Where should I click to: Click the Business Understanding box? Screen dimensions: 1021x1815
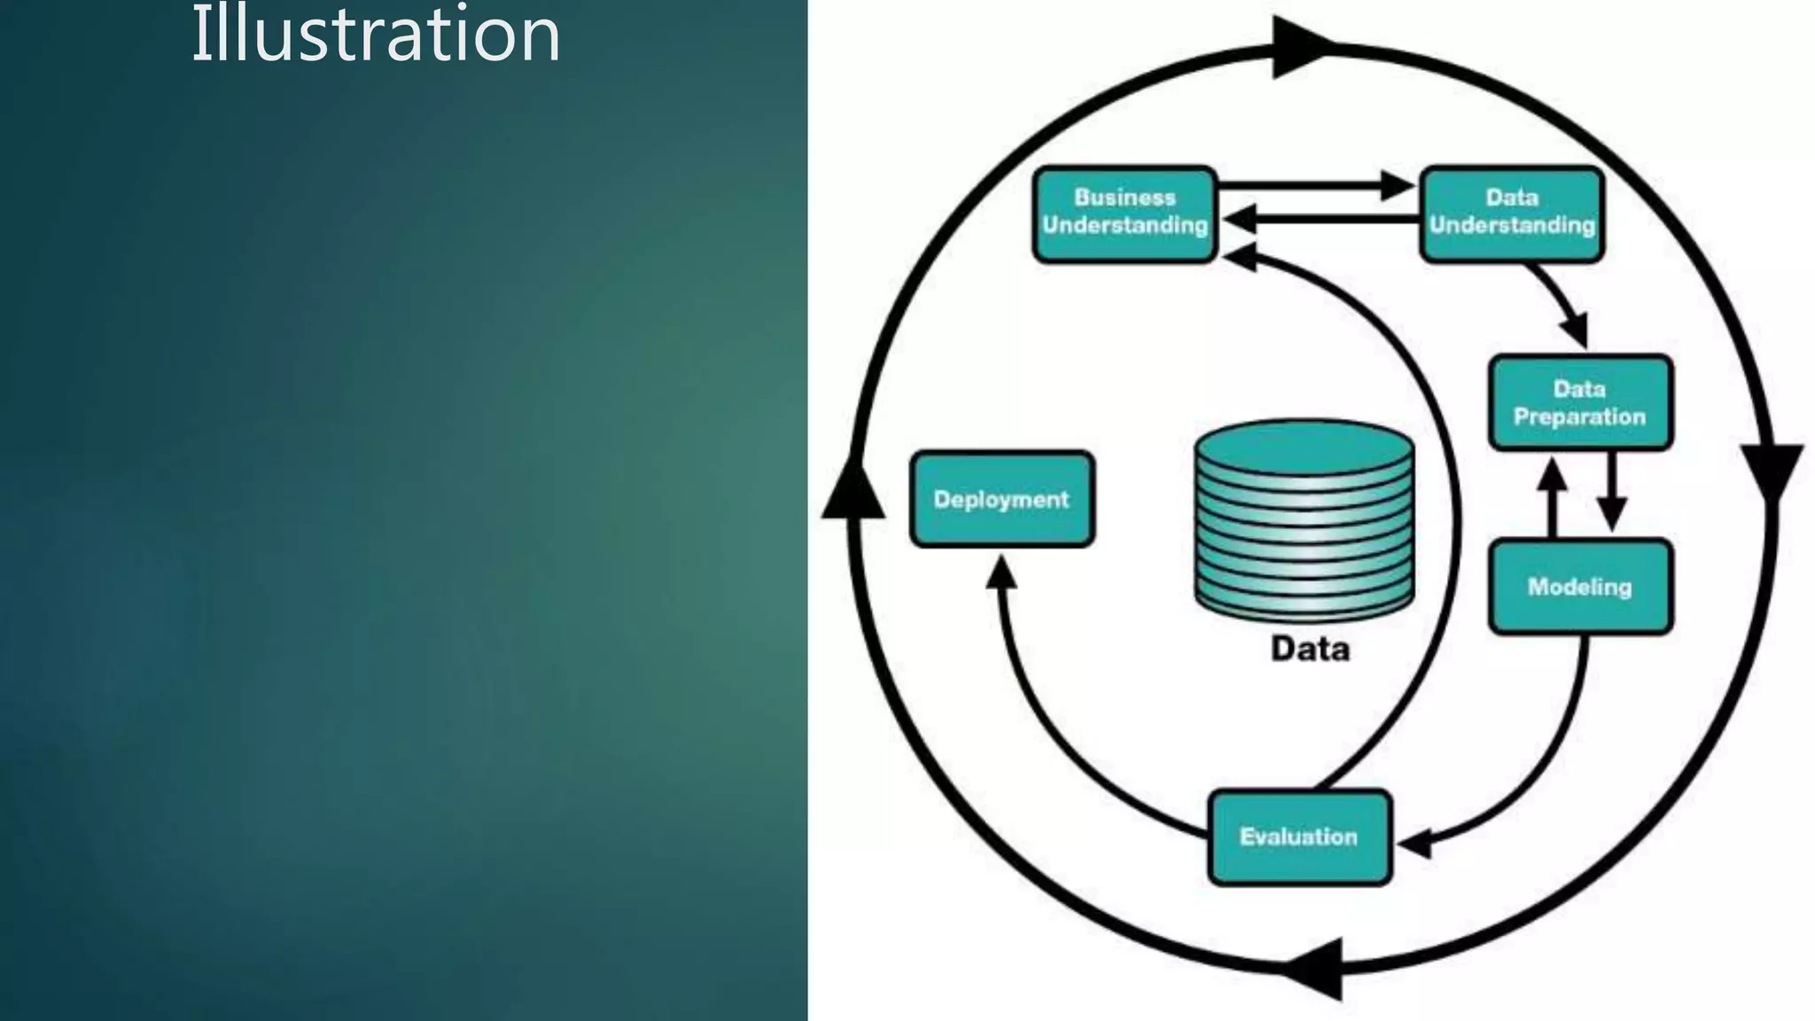pyautogui.click(x=1125, y=214)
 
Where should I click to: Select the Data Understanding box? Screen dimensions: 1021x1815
pyautogui.click(x=1512, y=214)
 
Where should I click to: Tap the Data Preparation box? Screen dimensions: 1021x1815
pyautogui.click(x=1580, y=402)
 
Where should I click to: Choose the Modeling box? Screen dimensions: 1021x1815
pyautogui.click(x=1580, y=587)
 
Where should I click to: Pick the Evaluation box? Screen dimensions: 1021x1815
pyautogui.click(x=1299, y=837)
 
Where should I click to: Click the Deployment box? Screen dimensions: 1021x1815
pyautogui.click(x=1001, y=499)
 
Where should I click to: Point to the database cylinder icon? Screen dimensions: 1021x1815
pyautogui.click(x=1304, y=518)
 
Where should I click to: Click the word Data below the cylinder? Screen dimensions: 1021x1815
pyautogui.click(x=1310, y=649)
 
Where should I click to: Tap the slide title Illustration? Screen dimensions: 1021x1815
pyautogui.click(x=376, y=35)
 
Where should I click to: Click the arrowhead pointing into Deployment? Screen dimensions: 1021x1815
pyautogui.click(x=1001, y=573)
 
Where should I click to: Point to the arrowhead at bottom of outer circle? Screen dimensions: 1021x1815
pyautogui.click(x=1316, y=969)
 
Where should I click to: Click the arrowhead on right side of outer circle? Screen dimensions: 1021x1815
pyautogui.click(x=1772, y=473)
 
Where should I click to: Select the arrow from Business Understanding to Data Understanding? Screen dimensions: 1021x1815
pyautogui.click(x=1315, y=186)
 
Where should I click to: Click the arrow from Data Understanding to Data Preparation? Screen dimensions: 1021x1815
pyautogui.click(x=1563, y=305)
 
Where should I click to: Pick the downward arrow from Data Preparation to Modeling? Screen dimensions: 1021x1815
pyautogui.click(x=1611, y=492)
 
